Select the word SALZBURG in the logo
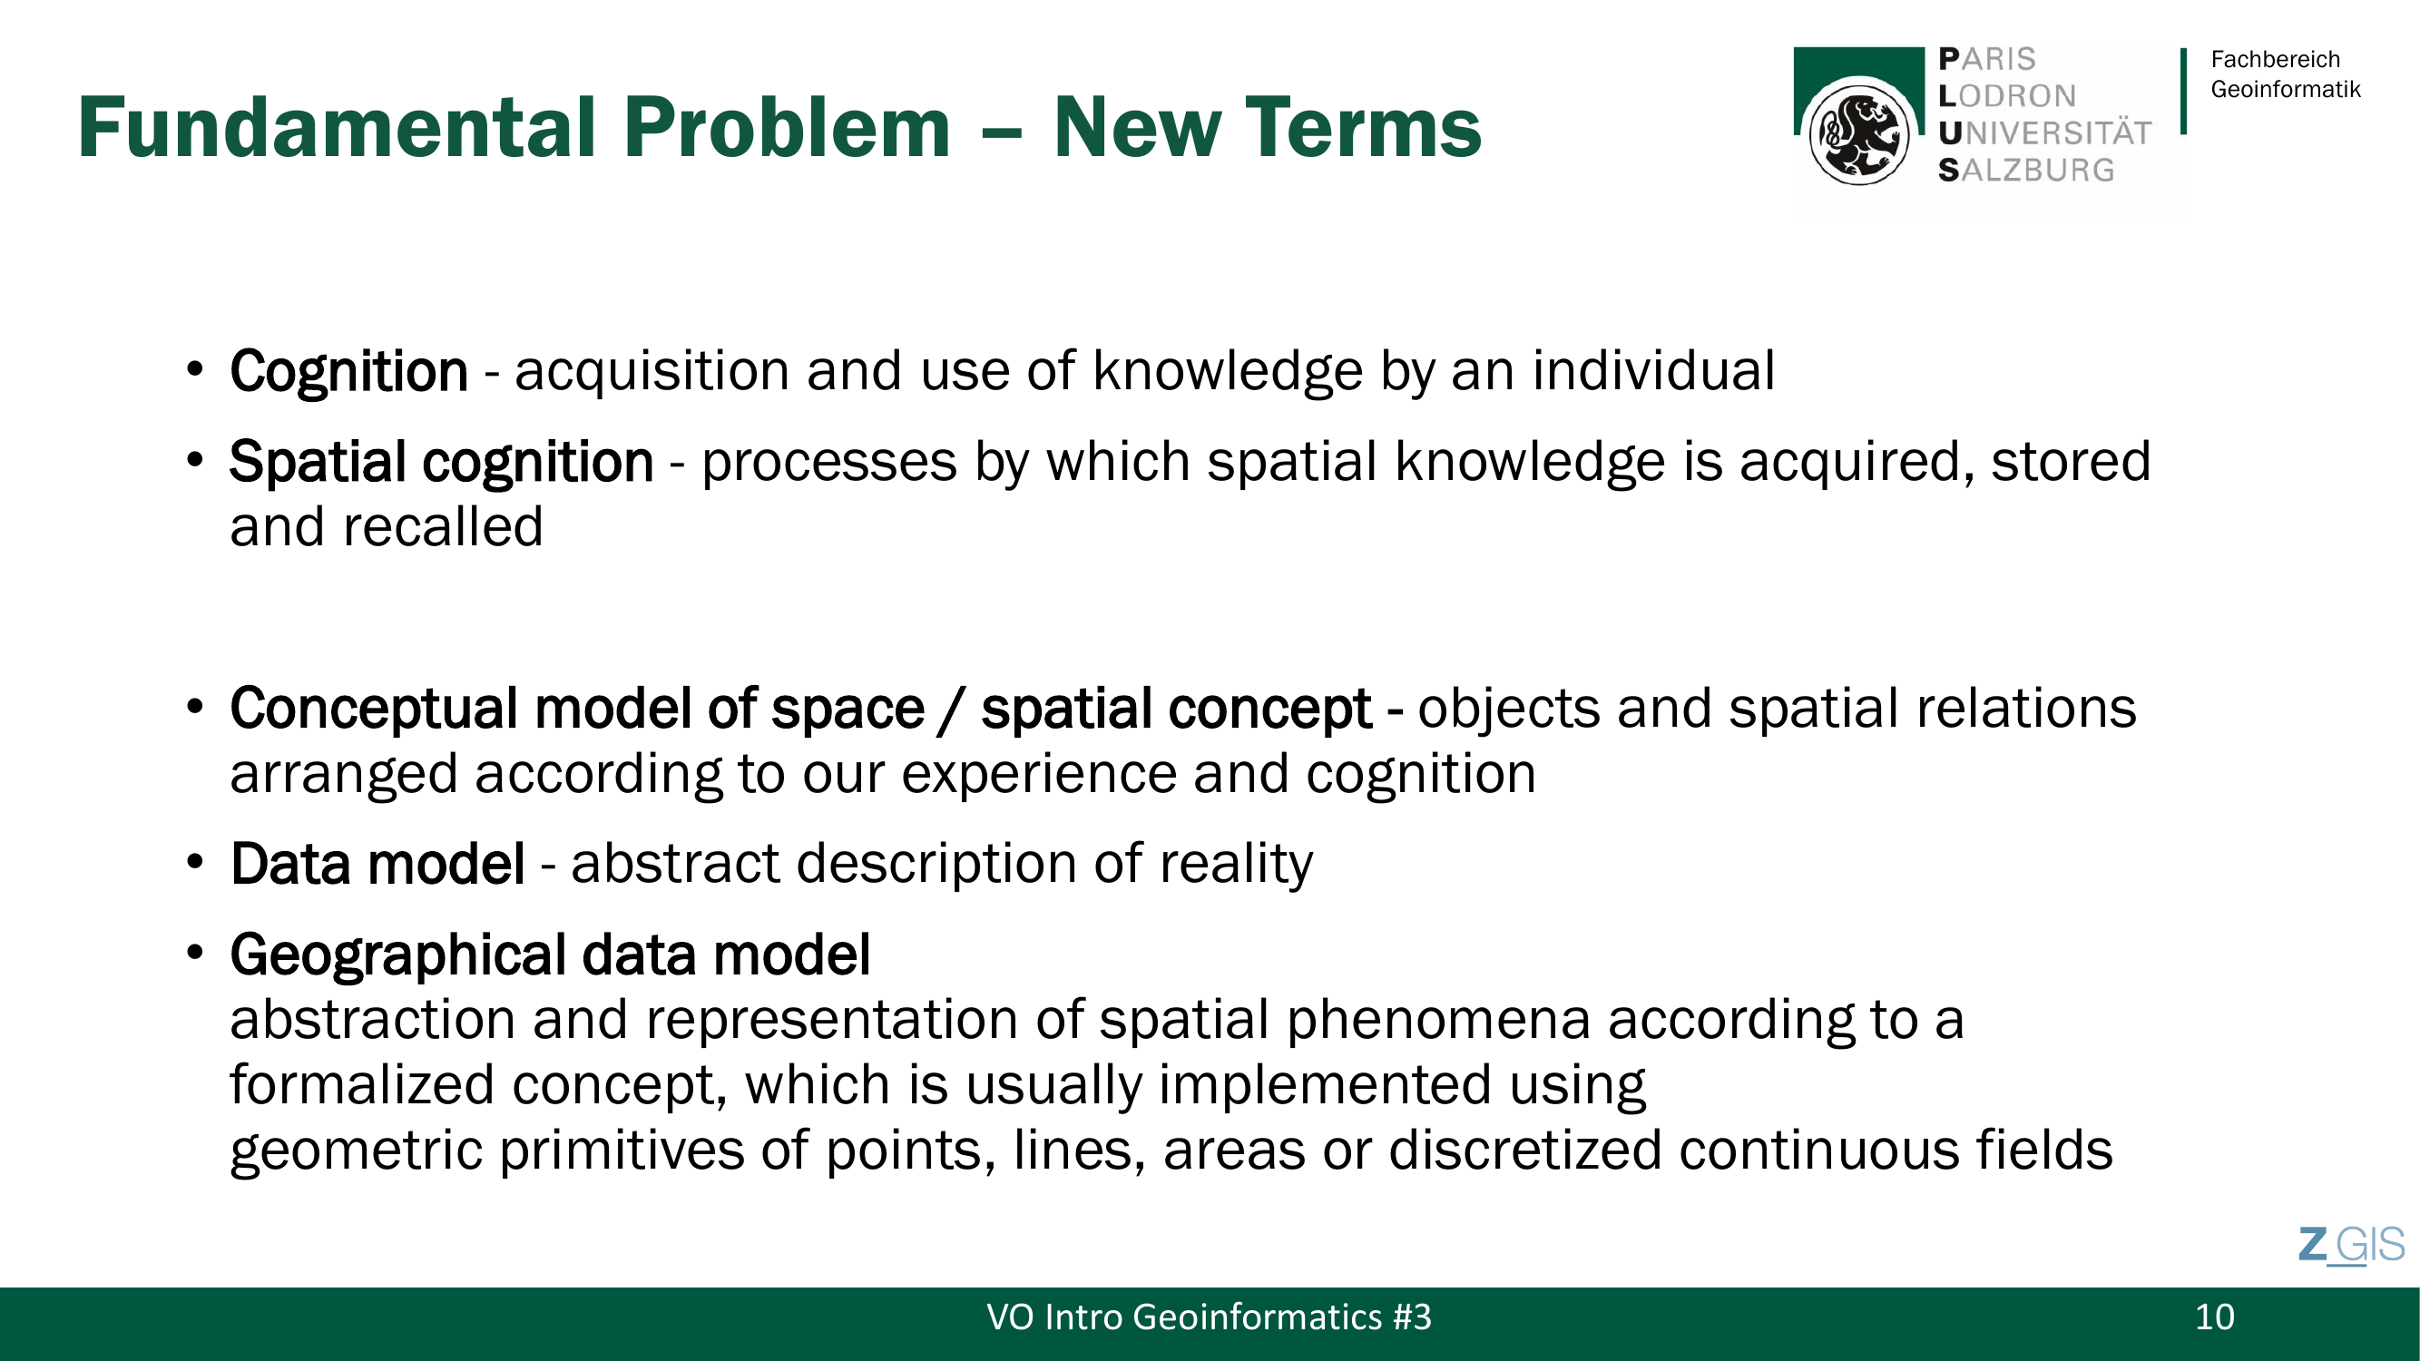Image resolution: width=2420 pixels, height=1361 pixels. (2026, 170)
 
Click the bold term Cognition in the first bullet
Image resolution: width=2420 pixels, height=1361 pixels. (348, 371)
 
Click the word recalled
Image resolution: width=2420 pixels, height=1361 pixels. (443, 526)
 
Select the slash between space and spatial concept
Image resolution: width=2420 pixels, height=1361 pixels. (953, 710)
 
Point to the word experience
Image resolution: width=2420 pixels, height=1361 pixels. (1039, 775)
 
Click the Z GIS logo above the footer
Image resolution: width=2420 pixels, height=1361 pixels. (2350, 1246)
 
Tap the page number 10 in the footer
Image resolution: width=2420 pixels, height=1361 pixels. (2214, 1317)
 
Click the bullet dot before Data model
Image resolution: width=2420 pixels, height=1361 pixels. (194, 861)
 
